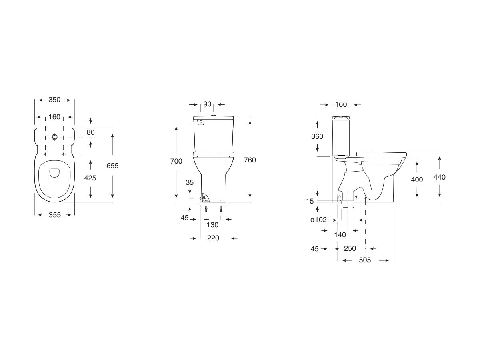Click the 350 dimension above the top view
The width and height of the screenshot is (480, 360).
point(54,100)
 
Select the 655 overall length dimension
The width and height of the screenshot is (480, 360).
point(113,166)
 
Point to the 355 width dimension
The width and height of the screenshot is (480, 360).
point(54,215)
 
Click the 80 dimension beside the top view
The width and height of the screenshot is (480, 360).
point(91,132)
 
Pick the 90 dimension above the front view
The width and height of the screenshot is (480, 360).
point(207,104)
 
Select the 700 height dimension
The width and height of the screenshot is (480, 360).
point(176,161)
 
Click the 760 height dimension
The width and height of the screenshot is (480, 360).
point(250,160)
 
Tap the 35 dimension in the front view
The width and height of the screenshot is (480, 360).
point(190,182)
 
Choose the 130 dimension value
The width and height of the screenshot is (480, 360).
point(212,225)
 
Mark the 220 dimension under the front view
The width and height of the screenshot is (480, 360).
point(213,238)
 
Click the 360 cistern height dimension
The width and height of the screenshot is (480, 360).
point(317,136)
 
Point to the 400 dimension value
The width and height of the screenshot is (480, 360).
point(417,180)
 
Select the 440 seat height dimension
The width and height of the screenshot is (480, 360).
point(439,177)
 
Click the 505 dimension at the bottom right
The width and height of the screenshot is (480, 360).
point(365,260)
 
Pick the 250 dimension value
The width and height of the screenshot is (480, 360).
point(350,248)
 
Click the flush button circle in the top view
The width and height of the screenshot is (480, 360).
point(54,137)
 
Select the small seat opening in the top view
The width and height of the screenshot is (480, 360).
point(54,172)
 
